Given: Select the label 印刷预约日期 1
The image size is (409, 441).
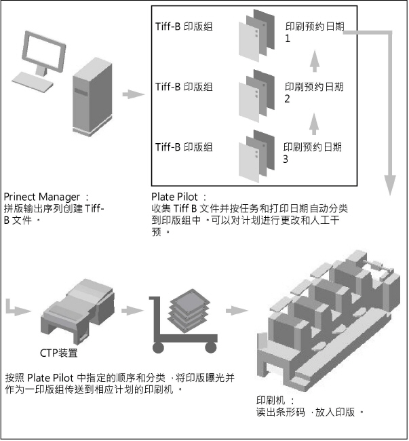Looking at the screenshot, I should click(314, 28).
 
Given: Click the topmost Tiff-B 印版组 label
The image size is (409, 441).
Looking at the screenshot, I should click(184, 28).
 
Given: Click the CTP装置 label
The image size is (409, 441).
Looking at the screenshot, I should click(58, 353).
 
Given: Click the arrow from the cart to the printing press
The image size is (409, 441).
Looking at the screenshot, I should click(235, 311).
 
